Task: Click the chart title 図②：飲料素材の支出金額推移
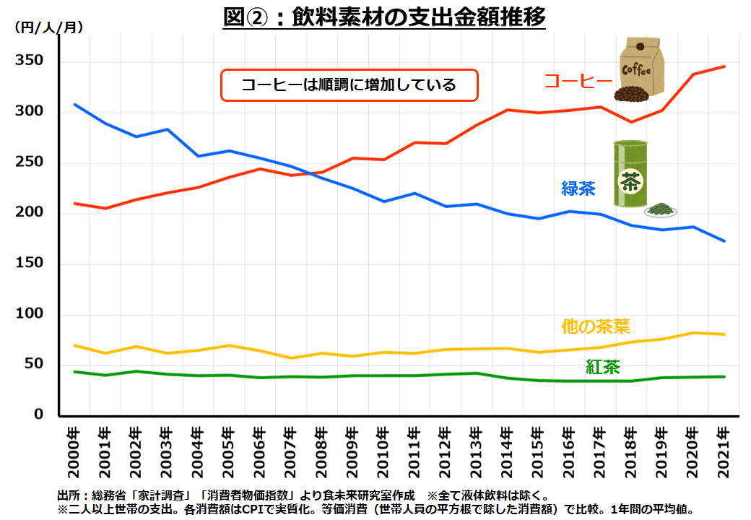coord(384,17)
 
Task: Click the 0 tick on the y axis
coord(40,415)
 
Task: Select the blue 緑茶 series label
coord(578,189)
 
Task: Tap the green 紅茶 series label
coord(602,367)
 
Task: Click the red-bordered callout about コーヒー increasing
coord(349,85)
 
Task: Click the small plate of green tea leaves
coord(660,210)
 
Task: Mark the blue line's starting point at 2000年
coord(75,105)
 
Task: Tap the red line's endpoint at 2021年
coord(724,66)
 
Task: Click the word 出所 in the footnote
coord(69,496)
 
